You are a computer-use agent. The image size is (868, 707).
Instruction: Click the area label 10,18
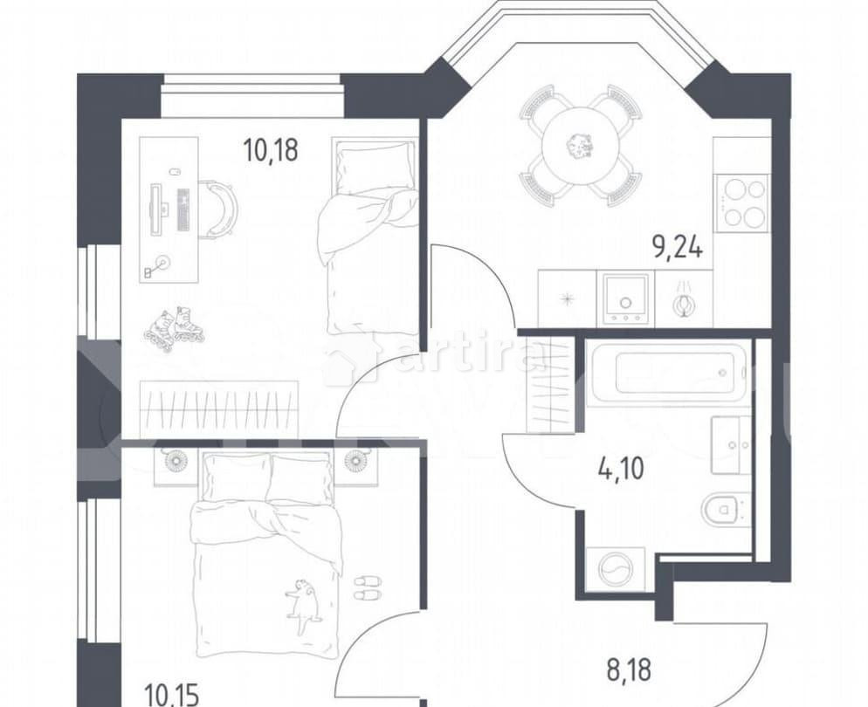pos(271,150)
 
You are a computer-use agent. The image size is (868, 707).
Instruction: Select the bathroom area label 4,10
pos(620,470)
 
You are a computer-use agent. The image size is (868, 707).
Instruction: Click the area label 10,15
pos(172,696)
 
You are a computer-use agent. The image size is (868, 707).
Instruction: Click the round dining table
pos(580,145)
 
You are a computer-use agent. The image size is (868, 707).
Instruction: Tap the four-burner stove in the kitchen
pos(741,202)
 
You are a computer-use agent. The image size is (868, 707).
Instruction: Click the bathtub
pos(669,373)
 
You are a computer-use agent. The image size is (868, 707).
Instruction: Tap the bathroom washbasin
pos(729,444)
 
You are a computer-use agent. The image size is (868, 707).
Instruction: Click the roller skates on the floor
pos(174,326)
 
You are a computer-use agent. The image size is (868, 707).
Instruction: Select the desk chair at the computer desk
pos(218,209)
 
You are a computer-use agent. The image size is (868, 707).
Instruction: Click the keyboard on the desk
pos(183,209)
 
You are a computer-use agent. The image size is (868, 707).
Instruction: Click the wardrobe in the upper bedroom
pos(218,408)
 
